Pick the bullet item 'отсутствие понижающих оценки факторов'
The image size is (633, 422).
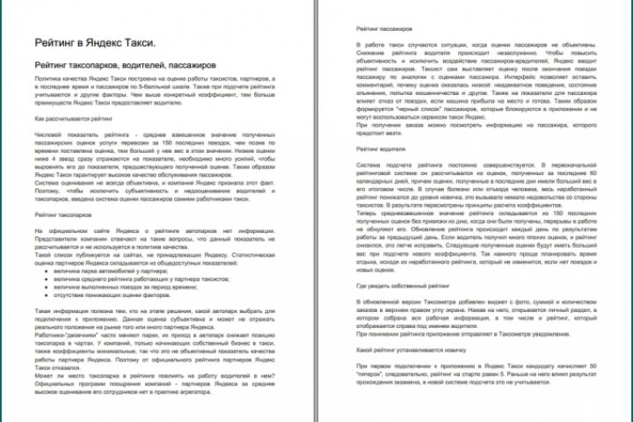click(x=117, y=295)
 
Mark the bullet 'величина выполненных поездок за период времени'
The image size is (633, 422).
click(x=127, y=287)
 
